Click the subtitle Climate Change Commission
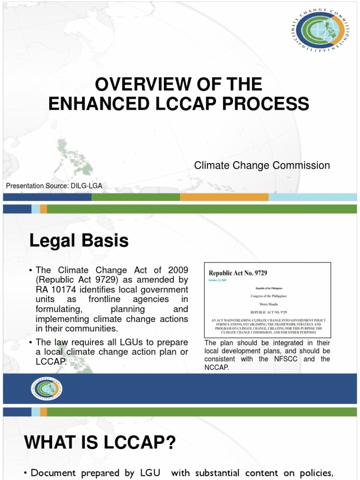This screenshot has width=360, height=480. click(x=262, y=165)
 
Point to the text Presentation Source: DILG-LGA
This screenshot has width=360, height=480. click(x=54, y=186)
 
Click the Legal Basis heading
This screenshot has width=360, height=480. click(x=79, y=241)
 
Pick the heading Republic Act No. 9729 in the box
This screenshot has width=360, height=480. click(x=238, y=273)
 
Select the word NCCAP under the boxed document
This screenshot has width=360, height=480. click(x=216, y=367)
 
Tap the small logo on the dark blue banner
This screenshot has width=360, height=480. click(x=47, y=389)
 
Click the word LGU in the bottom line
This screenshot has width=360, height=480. click(x=148, y=473)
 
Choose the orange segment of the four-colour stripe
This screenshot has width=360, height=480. click(x=224, y=197)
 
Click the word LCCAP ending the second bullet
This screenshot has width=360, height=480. click(x=48, y=361)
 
